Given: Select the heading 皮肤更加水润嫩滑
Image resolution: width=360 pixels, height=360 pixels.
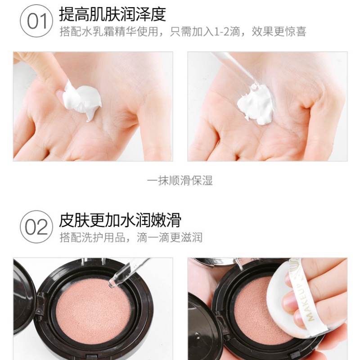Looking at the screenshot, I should tap(120, 220).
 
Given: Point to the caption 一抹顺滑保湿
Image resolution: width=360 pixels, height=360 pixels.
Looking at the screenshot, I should tap(180, 181).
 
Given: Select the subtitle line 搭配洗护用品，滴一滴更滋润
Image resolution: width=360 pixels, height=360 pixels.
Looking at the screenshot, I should tap(131, 238).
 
